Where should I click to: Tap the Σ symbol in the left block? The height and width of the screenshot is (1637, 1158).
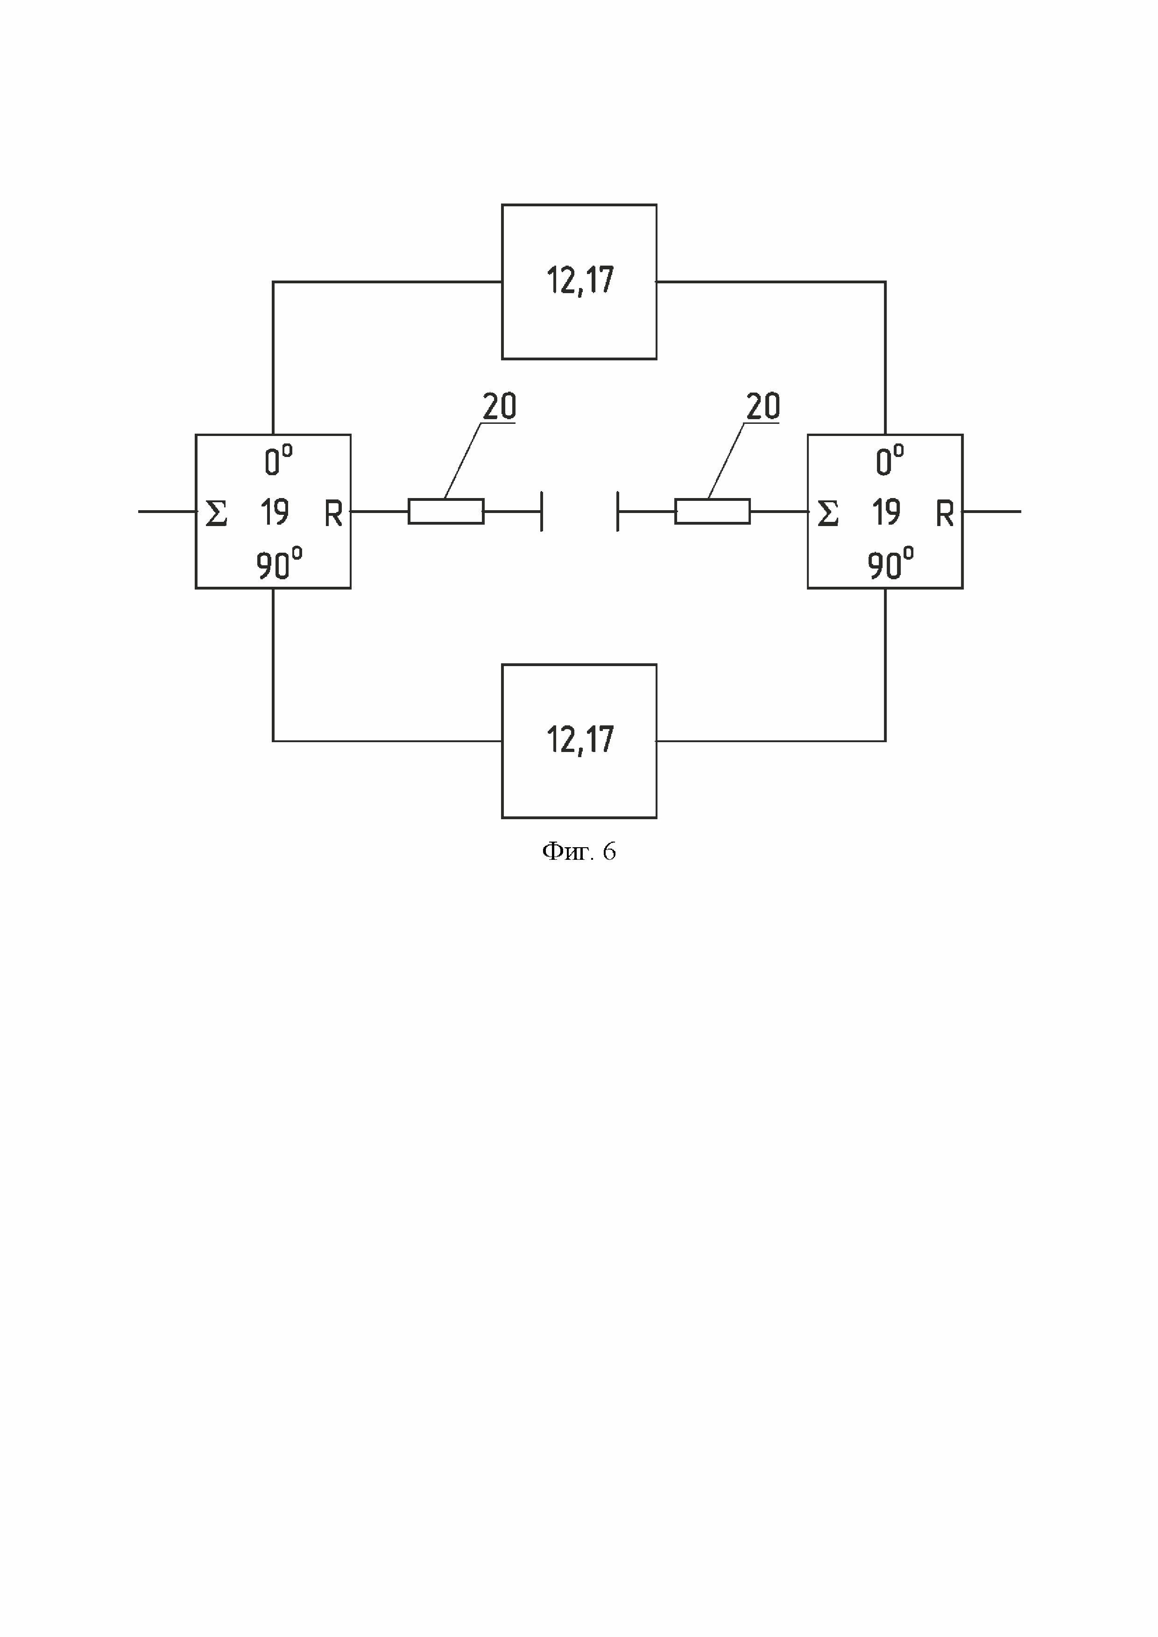(x=216, y=513)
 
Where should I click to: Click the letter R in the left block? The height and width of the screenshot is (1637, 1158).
(x=333, y=513)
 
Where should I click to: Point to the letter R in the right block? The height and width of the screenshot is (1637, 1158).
(x=944, y=513)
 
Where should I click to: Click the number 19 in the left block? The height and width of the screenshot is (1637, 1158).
(x=275, y=512)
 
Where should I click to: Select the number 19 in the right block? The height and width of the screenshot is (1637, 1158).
(x=886, y=512)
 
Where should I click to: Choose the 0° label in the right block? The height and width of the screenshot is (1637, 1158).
(x=889, y=461)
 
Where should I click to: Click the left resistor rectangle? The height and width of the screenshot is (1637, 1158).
(x=445, y=511)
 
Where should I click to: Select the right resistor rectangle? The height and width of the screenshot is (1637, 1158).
(x=713, y=511)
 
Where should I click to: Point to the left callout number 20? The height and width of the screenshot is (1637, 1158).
(x=499, y=407)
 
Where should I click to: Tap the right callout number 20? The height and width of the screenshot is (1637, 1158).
(x=763, y=407)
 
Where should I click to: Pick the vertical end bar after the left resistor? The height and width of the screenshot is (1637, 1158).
(x=542, y=511)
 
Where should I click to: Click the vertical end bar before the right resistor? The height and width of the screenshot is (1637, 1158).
(x=617, y=511)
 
